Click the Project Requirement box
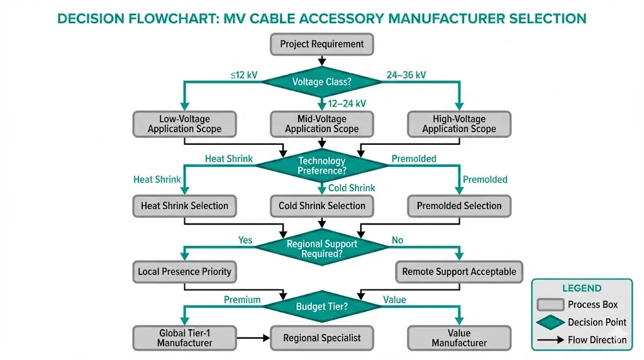(x=321, y=44)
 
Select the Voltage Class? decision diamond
(x=321, y=82)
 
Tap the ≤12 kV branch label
(x=243, y=75)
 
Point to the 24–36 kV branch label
(x=405, y=75)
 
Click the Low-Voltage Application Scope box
(x=184, y=124)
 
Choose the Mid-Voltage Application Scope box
(x=321, y=124)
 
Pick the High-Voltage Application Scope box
(x=458, y=124)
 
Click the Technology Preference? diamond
(x=321, y=166)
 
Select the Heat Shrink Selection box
(x=184, y=206)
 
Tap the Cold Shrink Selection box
(x=321, y=206)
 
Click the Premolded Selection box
(x=458, y=206)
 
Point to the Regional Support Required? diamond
(x=321, y=249)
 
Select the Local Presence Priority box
(x=184, y=272)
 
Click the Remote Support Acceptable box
(x=458, y=272)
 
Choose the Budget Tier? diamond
(x=321, y=307)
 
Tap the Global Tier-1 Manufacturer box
(x=184, y=338)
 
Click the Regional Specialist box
(x=321, y=338)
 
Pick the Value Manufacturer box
(x=458, y=338)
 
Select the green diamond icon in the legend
(x=550, y=322)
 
